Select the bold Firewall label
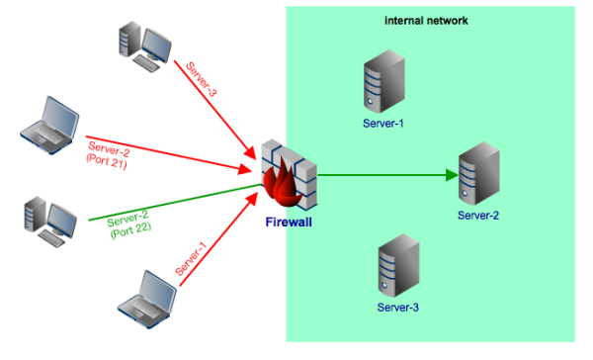tap(289, 223)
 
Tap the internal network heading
tap(426, 20)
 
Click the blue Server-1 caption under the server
tap(383, 124)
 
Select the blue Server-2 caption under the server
tap(478, 215)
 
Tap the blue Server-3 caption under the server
tap(397, 308)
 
